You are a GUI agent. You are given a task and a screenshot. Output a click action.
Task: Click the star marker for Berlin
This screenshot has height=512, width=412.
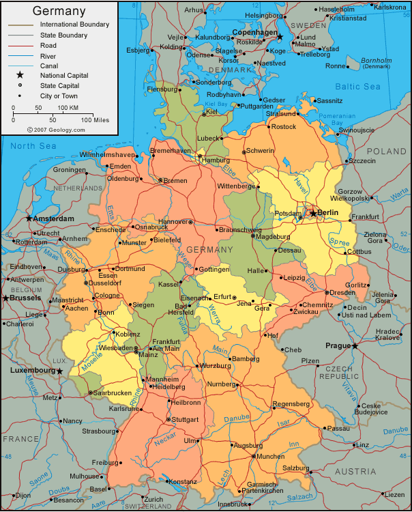pyautogui.click(x=313, y=213)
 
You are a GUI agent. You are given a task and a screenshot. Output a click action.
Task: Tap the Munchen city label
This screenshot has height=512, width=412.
pyautogui.click(x=271, y=455)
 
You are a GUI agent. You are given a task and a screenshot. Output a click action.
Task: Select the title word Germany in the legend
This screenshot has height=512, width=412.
pyautogui.click(x=59, y=11)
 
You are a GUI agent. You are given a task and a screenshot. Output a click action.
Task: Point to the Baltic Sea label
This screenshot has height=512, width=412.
pyautogui.click(x=357, y=87)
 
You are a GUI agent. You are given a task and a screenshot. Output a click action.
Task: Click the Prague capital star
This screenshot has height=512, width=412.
pyautogui.click(x=355, y=346)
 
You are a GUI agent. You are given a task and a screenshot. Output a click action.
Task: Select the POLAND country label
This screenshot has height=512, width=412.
pyautogui.click(x=386, y=151)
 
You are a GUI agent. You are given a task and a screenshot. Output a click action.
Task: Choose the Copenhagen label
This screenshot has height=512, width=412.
pyautogui.click(x=254, y=32)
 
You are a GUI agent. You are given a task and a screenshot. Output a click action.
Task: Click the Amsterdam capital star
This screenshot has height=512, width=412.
pyautogui.click(x=29, y=218)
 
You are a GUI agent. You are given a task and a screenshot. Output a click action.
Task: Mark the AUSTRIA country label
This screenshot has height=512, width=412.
pyautogui.click(x=355, y=471)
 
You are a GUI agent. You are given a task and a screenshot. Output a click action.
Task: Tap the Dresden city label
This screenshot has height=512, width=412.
pyautogui.click(x=341, y=292)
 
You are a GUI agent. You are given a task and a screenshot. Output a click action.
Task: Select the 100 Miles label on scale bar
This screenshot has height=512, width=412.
pyautogui.click(x=95, y=119)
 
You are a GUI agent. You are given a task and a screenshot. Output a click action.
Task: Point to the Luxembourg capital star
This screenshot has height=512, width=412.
pyautogui.click(x=59, y=371)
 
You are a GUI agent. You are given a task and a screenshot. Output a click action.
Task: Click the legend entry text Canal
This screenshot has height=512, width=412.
pyautogui.click(x=49, y=66)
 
